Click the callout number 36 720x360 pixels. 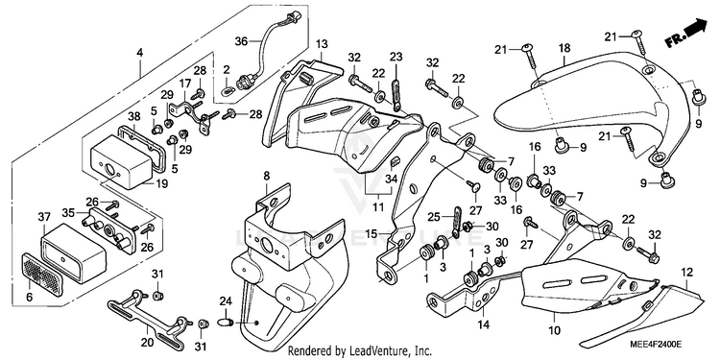click(241, 41)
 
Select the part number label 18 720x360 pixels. click(564, 48)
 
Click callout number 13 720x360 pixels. click(322, 44)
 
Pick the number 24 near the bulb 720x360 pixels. click(226, 301)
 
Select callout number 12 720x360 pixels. click(686, 273)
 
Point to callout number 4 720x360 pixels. click(139, 53)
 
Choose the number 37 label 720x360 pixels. click(43, 216)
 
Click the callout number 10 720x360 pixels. click(554, 330)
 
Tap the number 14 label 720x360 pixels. click(483, 325)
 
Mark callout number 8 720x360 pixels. click(266, 175)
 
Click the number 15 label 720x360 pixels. click(372, 233)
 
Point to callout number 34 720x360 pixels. click(391, 179)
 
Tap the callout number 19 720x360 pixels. click(161, 183)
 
